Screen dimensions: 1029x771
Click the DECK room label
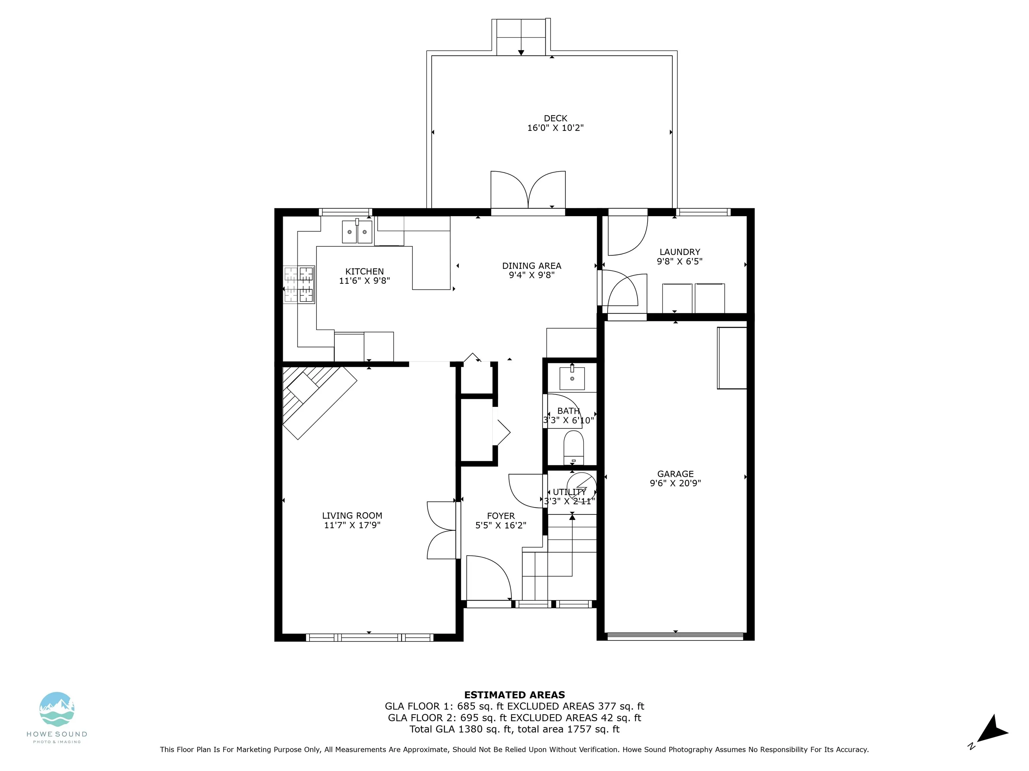(x=555, y=118)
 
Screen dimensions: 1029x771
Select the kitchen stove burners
(x=299, y=285)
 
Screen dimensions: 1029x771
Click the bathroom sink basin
(x=572, y=377)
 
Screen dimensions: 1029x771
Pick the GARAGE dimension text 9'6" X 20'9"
(x=676, y=483)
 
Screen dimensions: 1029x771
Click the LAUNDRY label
(x=680, y=252)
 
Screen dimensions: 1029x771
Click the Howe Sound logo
(x=57, y=718)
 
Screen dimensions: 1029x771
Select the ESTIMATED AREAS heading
(x=514, y=695)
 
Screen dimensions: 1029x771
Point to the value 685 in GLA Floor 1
(x=467, y=706)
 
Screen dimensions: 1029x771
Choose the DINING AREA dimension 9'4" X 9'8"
(x=532, y=275)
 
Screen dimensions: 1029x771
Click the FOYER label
(x=501, y=516)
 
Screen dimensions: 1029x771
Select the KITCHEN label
(x=365, y=271)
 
